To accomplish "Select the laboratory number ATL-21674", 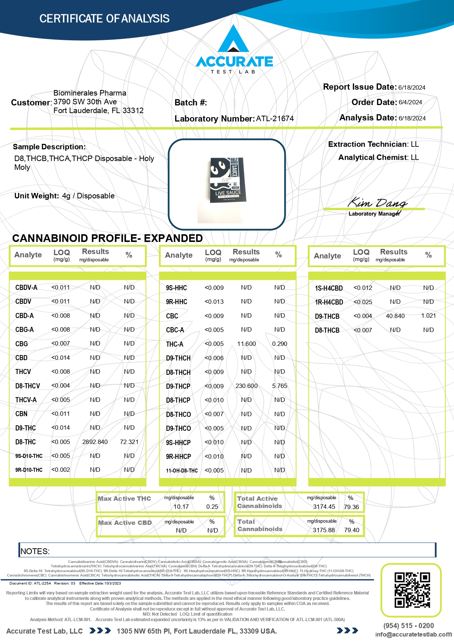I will coord(275,119).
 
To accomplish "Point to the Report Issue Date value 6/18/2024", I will coord(412,87).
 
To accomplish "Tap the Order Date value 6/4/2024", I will coord(410,102).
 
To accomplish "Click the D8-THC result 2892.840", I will coord(95,442).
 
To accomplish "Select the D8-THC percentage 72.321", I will coord(129,442).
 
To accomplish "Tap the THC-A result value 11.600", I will coord(246,344).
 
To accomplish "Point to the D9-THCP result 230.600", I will coord(246,386).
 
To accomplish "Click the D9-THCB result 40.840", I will coord(395,316).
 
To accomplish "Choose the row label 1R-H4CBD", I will coord(329,302).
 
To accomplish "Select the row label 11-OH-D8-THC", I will coord(182,470).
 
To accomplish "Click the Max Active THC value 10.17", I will coord(181,507).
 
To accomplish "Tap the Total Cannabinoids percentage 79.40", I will coord(352,530).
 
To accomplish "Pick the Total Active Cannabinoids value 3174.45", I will coord(324,507).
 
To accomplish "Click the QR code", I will coord(412,590).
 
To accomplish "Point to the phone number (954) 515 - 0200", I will coord(408,626).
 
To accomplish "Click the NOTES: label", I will coord(35,551).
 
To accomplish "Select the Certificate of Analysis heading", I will coord(104,19).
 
